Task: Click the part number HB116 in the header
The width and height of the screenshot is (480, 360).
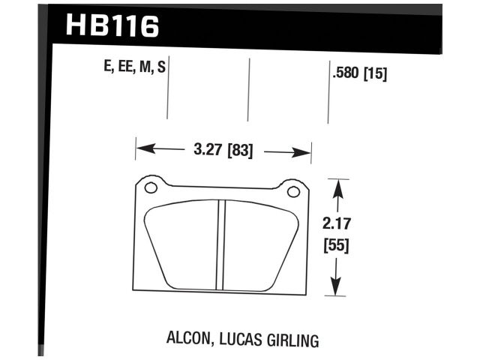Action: (112, 26)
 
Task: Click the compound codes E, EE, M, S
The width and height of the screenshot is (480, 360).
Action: (135, 68)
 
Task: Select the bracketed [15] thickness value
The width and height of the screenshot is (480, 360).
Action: (375, 74)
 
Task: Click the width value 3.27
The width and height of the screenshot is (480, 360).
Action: (207, 149)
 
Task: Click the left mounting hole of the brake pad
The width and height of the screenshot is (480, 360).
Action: (150, 187)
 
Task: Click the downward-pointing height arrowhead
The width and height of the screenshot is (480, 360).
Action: (338, 288)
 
